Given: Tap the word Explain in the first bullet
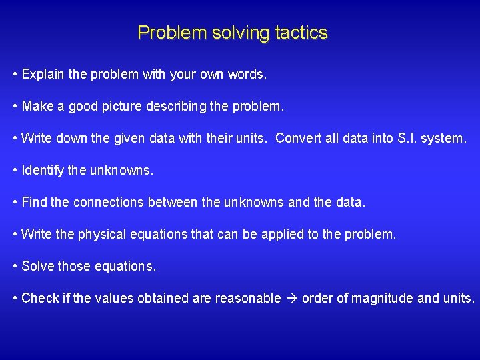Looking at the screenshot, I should coord(45,74).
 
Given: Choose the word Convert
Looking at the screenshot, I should coord(298,138).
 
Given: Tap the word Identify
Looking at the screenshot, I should coord(43,170).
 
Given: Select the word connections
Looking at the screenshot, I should coord(109,202).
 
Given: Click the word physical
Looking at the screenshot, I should coord(101,234).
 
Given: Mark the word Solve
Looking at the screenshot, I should coord(38,266).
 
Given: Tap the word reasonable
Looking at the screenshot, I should coord(248,298).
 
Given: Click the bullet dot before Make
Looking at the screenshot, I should coord(15,106).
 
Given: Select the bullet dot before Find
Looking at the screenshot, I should coord(15,202).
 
